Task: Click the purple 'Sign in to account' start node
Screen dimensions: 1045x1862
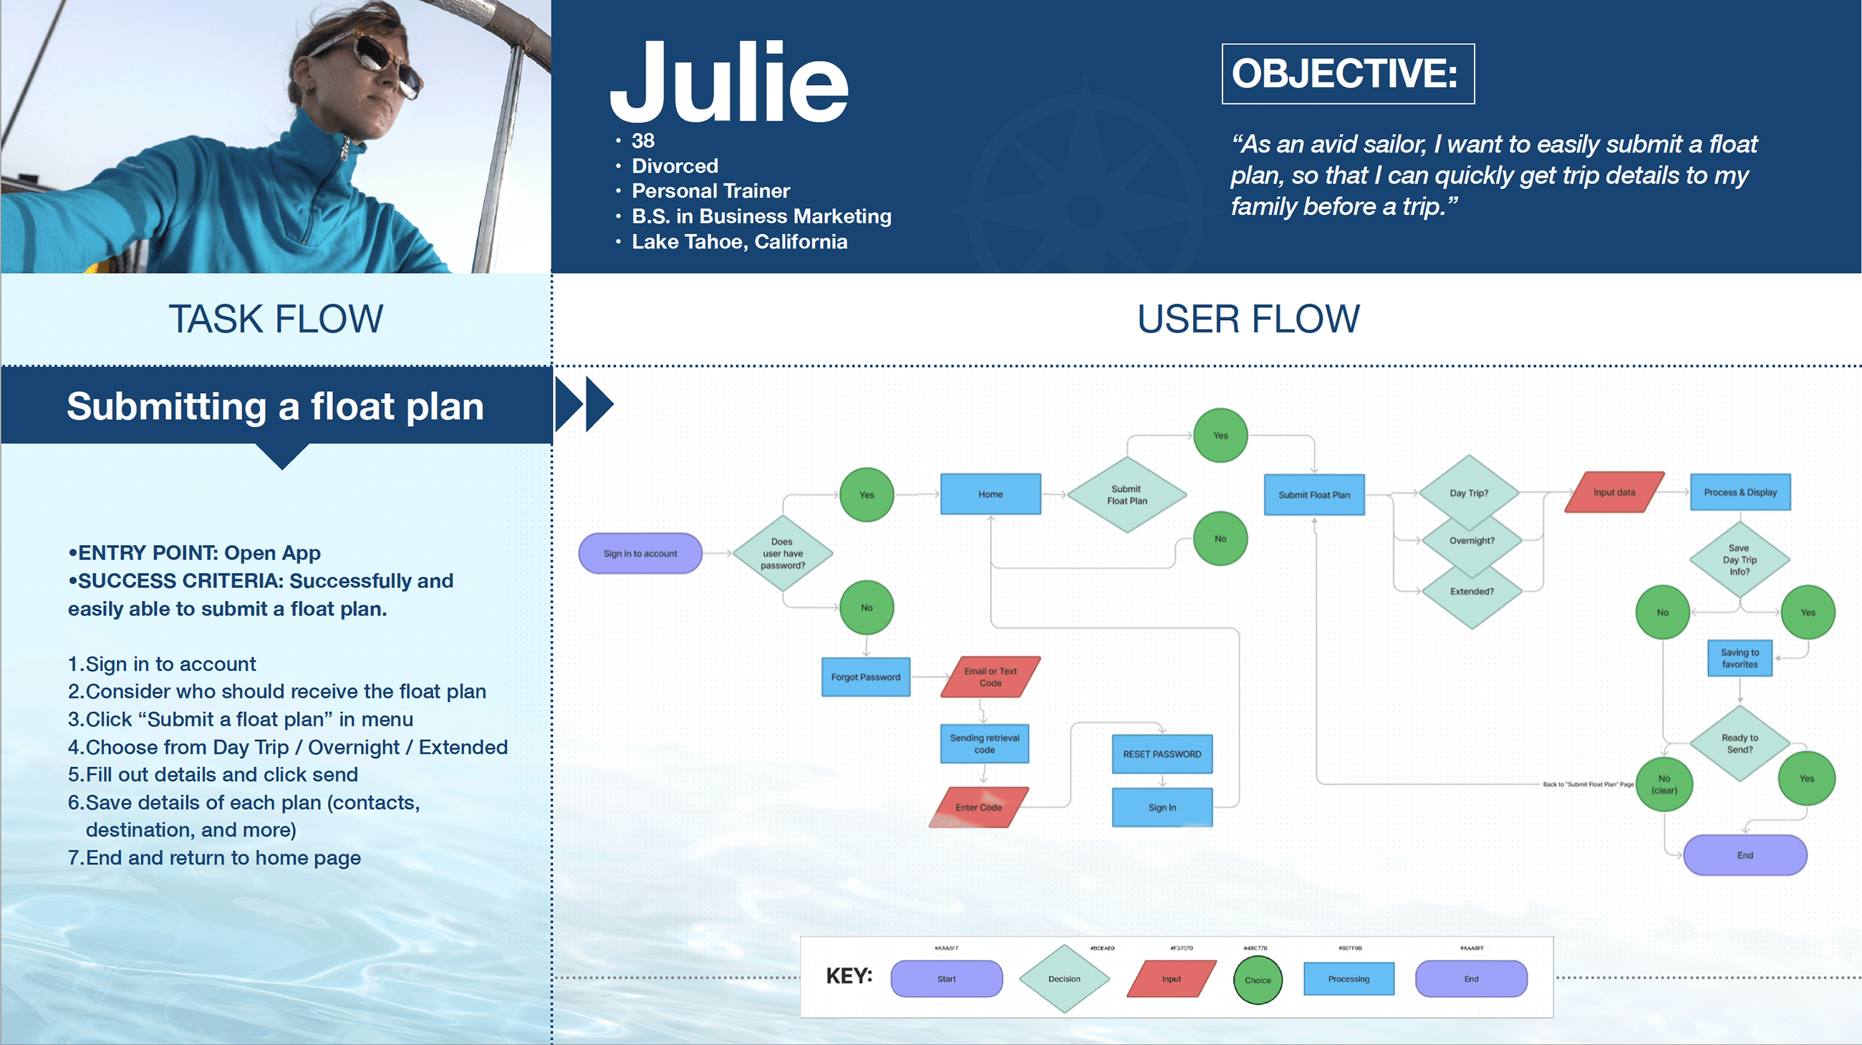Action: pyautogui.click(x=640, y=554)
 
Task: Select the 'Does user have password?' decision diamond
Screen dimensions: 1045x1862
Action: pyautogui.click(x=783, y=554)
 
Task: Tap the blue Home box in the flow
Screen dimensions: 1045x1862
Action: pyautogui.click(x=990, y=494)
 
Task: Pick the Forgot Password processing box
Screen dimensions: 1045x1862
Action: pyautogui.click(x=865, y=677)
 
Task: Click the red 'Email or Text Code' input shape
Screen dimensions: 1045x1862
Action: pyautogui.click(x=990, y=677)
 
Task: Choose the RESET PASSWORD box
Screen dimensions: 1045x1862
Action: pyautogui.click(x=1162, y=753)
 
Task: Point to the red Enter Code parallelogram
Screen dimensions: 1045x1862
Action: pyautogui.click(x=979, y=807)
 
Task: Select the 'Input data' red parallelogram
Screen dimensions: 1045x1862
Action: pyautogui.click(x=1614, y=492)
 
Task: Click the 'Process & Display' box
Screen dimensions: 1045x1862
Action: pyautogui.click(x=1740, y=492)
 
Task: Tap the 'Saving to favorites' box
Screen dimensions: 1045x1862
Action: pyautogui.click(x=1740, y=658)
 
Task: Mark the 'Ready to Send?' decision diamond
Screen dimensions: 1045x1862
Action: pyautogui.click(x=1740, y=743)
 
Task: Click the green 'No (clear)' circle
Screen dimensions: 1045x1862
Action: pyautogui.click(x=1664, y=784)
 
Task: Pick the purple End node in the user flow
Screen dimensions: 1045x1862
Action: pyautogui.click(x=1745, y=855)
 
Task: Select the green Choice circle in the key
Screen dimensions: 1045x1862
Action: pyautogui.click(x=1257, y=980)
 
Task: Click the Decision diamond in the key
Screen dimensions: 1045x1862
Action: pyautogui.click(x=1064, y=978)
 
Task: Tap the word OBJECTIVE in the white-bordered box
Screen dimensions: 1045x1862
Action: pyautogui.click(x=1344, y=74)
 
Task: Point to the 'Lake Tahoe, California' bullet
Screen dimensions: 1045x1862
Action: pyautogui.click(x=740, y=241)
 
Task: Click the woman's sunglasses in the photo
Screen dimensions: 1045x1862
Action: pyautogui.click(x=383, y=62)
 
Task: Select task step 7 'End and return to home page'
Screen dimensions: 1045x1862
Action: pyautogui.click(x=215, y=858)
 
